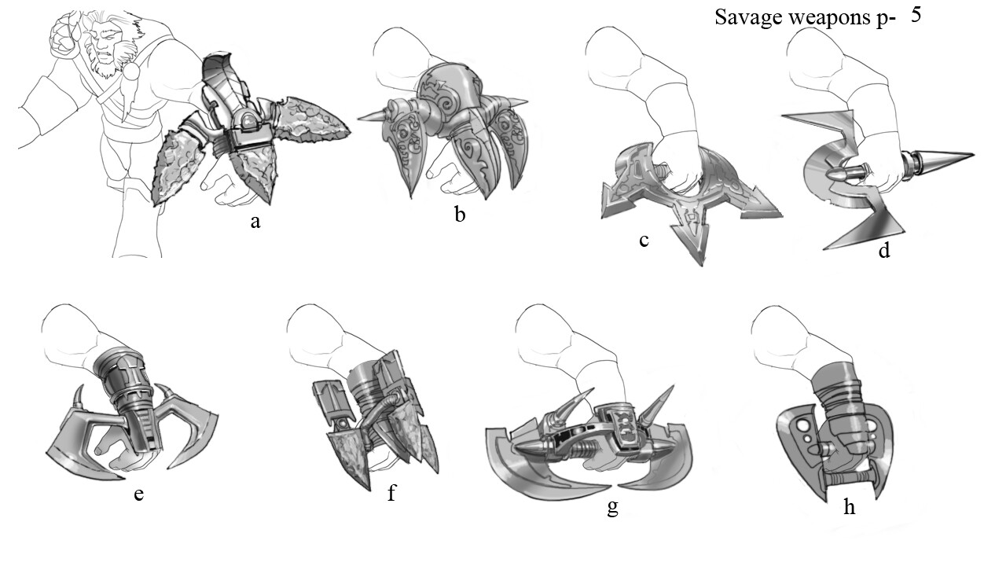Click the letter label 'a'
(255, 222)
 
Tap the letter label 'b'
(460, 215)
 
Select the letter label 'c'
(644, 241)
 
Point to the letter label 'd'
(884, 250)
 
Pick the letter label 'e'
(139, 494)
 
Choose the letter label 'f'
(391, 492)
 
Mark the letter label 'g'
(612, 508)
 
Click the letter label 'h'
(850, 506)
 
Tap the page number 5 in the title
(916, 15)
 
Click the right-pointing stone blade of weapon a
(310, 123)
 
